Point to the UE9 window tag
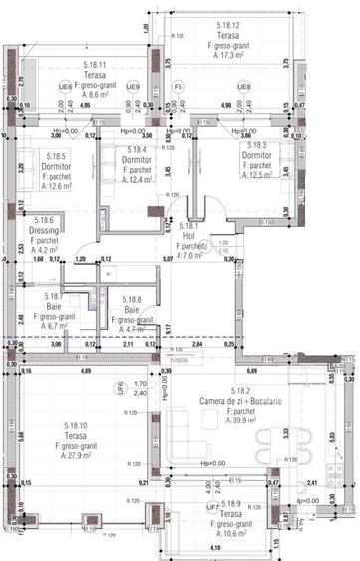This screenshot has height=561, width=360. click(133, 87)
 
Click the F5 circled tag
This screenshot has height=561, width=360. click(177, 87)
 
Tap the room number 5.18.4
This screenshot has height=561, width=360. click(122, 150)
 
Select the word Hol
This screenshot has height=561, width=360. click(187, 236)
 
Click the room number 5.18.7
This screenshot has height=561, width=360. click(54, 296)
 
